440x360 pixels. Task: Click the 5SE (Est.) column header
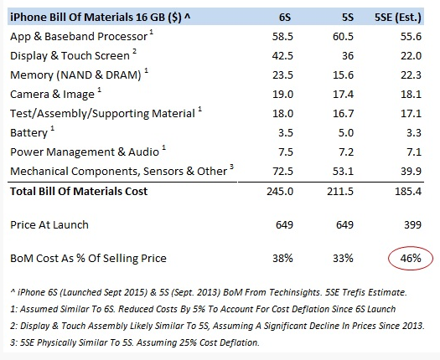point(398,18)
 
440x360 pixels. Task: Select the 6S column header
point(285,18)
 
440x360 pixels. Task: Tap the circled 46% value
point(411,258)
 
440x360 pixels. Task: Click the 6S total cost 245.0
point(280,192)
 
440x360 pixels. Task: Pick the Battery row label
point(28,133)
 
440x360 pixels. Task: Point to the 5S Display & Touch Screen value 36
point(348,56)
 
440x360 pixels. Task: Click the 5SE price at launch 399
point(412,225)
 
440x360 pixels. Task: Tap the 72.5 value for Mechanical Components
point(282,172)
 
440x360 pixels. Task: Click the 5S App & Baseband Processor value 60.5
point(343,37)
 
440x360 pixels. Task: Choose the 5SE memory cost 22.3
point(411,75)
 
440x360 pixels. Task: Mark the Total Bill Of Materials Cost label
point(79,192)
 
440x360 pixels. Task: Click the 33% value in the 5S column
point(343,258)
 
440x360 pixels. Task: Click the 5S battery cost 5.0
point(345,133)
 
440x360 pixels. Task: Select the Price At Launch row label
point(49,225)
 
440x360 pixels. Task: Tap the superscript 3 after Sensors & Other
point(231,167)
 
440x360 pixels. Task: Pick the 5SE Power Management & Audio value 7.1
point(414,152)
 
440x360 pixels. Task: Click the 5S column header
point(348,18)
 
